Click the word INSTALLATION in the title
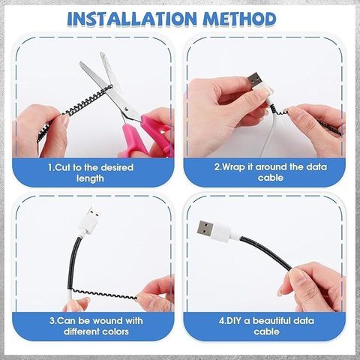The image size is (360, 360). (x=132, y=19)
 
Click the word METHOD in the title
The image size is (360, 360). (x=240, y=19)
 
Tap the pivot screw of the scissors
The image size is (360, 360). (x=127, y=109)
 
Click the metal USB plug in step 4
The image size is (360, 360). (x=205, y=229)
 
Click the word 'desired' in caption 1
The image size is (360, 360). (x=117, y=167)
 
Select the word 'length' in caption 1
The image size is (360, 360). (x=90, y=178)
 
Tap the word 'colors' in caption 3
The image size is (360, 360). (x=115, y=331)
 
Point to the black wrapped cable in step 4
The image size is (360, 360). (x=265, y=253)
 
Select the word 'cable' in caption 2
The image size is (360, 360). (x=271, y=178)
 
